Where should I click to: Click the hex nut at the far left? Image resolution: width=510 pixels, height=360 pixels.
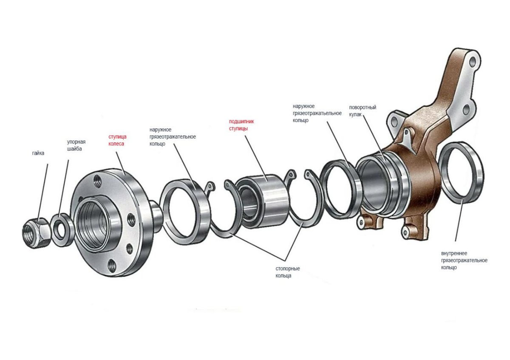(x=37, y=232)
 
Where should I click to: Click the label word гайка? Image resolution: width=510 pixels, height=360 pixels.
(x=38, y=153)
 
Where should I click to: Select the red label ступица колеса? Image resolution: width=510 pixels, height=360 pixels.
(x=117, y=140)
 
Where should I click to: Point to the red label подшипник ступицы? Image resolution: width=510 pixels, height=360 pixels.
(x=241, y=125)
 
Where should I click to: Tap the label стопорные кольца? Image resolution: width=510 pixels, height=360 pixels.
(x=288, y=272)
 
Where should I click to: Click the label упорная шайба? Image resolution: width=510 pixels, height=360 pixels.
(x=76, y=145)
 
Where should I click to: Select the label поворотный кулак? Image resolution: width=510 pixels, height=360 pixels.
(x=363, y=111)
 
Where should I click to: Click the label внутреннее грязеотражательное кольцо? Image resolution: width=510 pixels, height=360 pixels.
(x=464, y=260)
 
